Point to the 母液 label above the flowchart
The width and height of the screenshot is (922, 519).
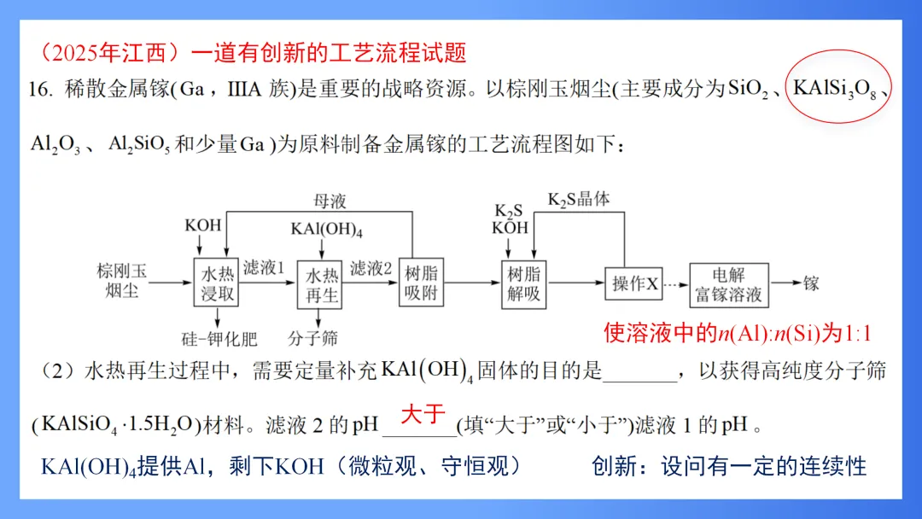(x=330, y=201)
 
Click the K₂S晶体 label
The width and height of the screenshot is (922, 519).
(x=580, y=200)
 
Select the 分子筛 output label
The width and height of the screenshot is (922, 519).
(x=313, y=339)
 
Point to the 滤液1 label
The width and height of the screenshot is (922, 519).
(x=264, y=268)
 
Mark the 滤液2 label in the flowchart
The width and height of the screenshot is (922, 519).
(x=371, y=268)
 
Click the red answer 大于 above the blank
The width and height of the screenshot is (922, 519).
(x=423, y=415)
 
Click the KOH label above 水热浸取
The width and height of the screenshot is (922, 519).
(x=203, y=226)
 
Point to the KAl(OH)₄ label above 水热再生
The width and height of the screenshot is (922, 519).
(x=327, y=228)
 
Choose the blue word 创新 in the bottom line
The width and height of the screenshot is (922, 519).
(x=613, y=466)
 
